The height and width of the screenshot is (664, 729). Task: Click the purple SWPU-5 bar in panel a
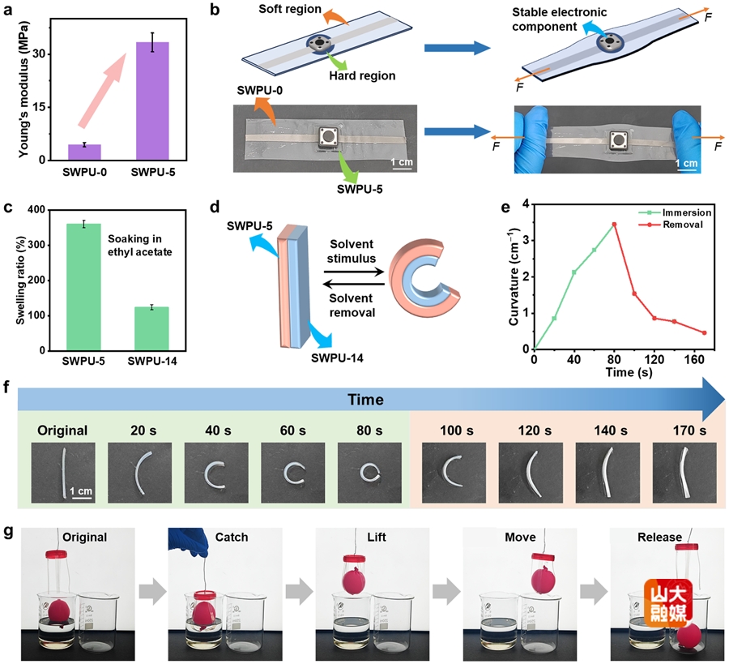(152, 101)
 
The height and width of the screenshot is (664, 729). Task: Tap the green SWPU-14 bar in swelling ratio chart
(151, 328)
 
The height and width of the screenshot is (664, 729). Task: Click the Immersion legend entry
(675, 212)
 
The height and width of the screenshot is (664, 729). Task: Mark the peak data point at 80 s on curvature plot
(614, 225)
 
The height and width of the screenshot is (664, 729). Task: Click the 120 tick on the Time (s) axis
(654, 359)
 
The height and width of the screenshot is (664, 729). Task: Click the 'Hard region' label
(362, 75)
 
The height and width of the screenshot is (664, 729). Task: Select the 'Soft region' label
(290, 9)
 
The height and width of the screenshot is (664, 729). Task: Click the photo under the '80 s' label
(369, 473)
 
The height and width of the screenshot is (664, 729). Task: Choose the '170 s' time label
(689, 431)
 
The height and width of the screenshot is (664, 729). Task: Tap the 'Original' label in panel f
(62, 431)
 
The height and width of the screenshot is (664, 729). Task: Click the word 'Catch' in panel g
(232, 538)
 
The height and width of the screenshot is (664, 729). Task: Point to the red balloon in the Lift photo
(354, 581)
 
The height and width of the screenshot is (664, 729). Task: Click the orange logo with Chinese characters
(668, 603)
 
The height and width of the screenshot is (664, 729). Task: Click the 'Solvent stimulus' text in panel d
(352, 251)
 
